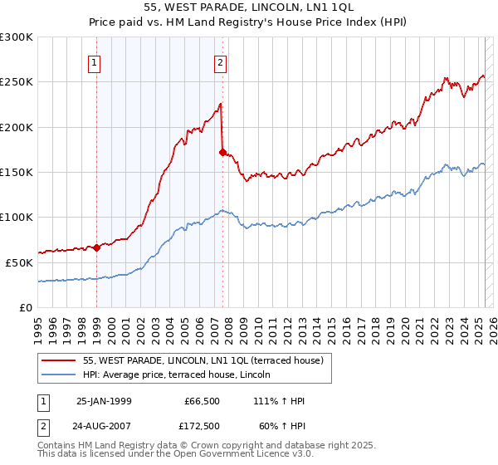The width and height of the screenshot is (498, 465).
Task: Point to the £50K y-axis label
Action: coord(18,262)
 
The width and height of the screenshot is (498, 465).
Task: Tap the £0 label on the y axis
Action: coord(27,306)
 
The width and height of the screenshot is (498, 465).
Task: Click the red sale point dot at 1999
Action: coord(96,247)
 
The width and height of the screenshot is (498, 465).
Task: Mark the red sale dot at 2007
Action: coord(222,152)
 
